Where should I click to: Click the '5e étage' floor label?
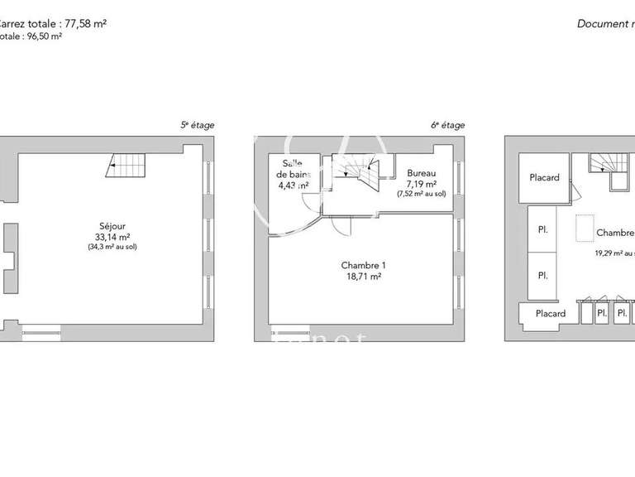tap(198, 125)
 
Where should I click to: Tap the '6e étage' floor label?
tap(447, 125)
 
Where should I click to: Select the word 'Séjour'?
tap(110, 225)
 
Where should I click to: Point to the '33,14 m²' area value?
tap(110, 236)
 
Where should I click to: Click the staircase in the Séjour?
tap(125, 166)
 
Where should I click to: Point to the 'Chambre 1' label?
tap(363, 266)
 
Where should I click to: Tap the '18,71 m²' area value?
tap(363, 277)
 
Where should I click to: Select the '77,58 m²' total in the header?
tap(85, 23)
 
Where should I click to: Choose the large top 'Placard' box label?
tap(544, 178)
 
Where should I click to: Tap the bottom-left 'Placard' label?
tap(550, 314)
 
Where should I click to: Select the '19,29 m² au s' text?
tap(614, 253)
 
